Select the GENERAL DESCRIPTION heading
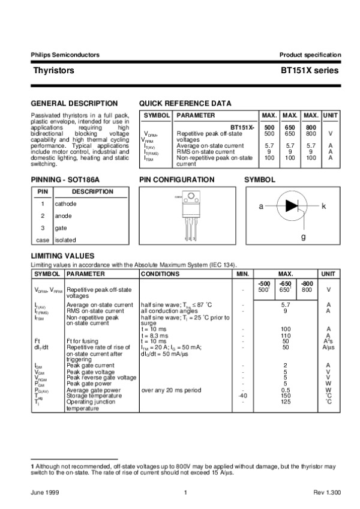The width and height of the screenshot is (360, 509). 74,103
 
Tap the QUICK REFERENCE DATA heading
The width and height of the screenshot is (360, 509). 185,103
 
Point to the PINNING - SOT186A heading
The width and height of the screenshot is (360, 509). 65,179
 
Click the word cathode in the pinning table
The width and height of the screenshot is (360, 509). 65,203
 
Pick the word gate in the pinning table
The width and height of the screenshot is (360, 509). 61,227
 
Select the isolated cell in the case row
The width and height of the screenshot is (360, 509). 65,239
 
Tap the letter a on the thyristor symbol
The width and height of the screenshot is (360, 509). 261,206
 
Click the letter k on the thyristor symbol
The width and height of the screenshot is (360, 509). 323,206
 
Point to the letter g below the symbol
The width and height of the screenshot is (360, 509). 304,236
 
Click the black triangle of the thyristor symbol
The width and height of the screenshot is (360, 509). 292,206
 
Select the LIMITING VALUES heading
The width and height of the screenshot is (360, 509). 62,256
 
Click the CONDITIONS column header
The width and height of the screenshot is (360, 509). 156,274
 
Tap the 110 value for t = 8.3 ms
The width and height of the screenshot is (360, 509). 286,335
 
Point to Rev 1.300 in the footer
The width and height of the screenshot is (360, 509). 327,492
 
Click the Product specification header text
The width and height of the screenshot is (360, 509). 310,55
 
